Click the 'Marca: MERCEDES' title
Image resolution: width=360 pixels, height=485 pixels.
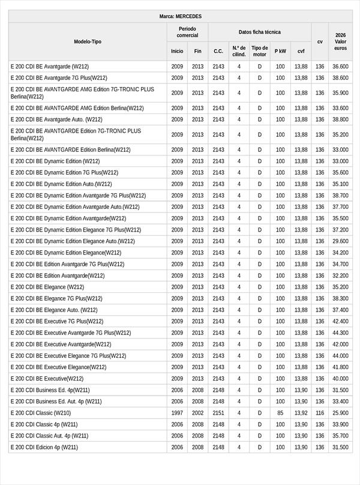[181, 16]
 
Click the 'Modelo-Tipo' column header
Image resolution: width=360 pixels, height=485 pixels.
[88, 41]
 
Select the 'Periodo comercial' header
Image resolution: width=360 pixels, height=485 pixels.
[187, 32]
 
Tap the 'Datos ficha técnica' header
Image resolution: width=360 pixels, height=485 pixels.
[259, 32]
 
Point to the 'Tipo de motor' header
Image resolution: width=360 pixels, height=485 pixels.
[260, 51]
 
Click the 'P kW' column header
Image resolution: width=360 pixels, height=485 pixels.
[280, 51]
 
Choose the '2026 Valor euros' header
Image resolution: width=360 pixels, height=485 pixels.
[340, 41]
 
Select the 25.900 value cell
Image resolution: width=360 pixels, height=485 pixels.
[340, 413]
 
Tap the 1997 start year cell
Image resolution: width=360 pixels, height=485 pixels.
[177, 413]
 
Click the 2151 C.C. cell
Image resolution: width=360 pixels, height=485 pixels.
[218, 413]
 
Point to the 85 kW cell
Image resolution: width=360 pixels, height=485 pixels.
[280, 413]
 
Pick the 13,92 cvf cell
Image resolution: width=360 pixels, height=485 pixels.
[301, 413]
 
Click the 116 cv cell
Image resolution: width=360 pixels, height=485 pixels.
[320, 413]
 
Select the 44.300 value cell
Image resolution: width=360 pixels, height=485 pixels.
[340, 333]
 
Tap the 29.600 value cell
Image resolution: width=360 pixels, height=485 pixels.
[340, 241]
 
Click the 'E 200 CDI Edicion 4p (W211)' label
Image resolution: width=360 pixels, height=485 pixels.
[44, 447]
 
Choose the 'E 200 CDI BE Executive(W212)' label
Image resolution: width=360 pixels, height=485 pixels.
[47, 379]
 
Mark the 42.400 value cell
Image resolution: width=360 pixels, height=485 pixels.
[340, 321]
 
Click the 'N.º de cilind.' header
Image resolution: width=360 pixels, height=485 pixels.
[239, 51]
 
